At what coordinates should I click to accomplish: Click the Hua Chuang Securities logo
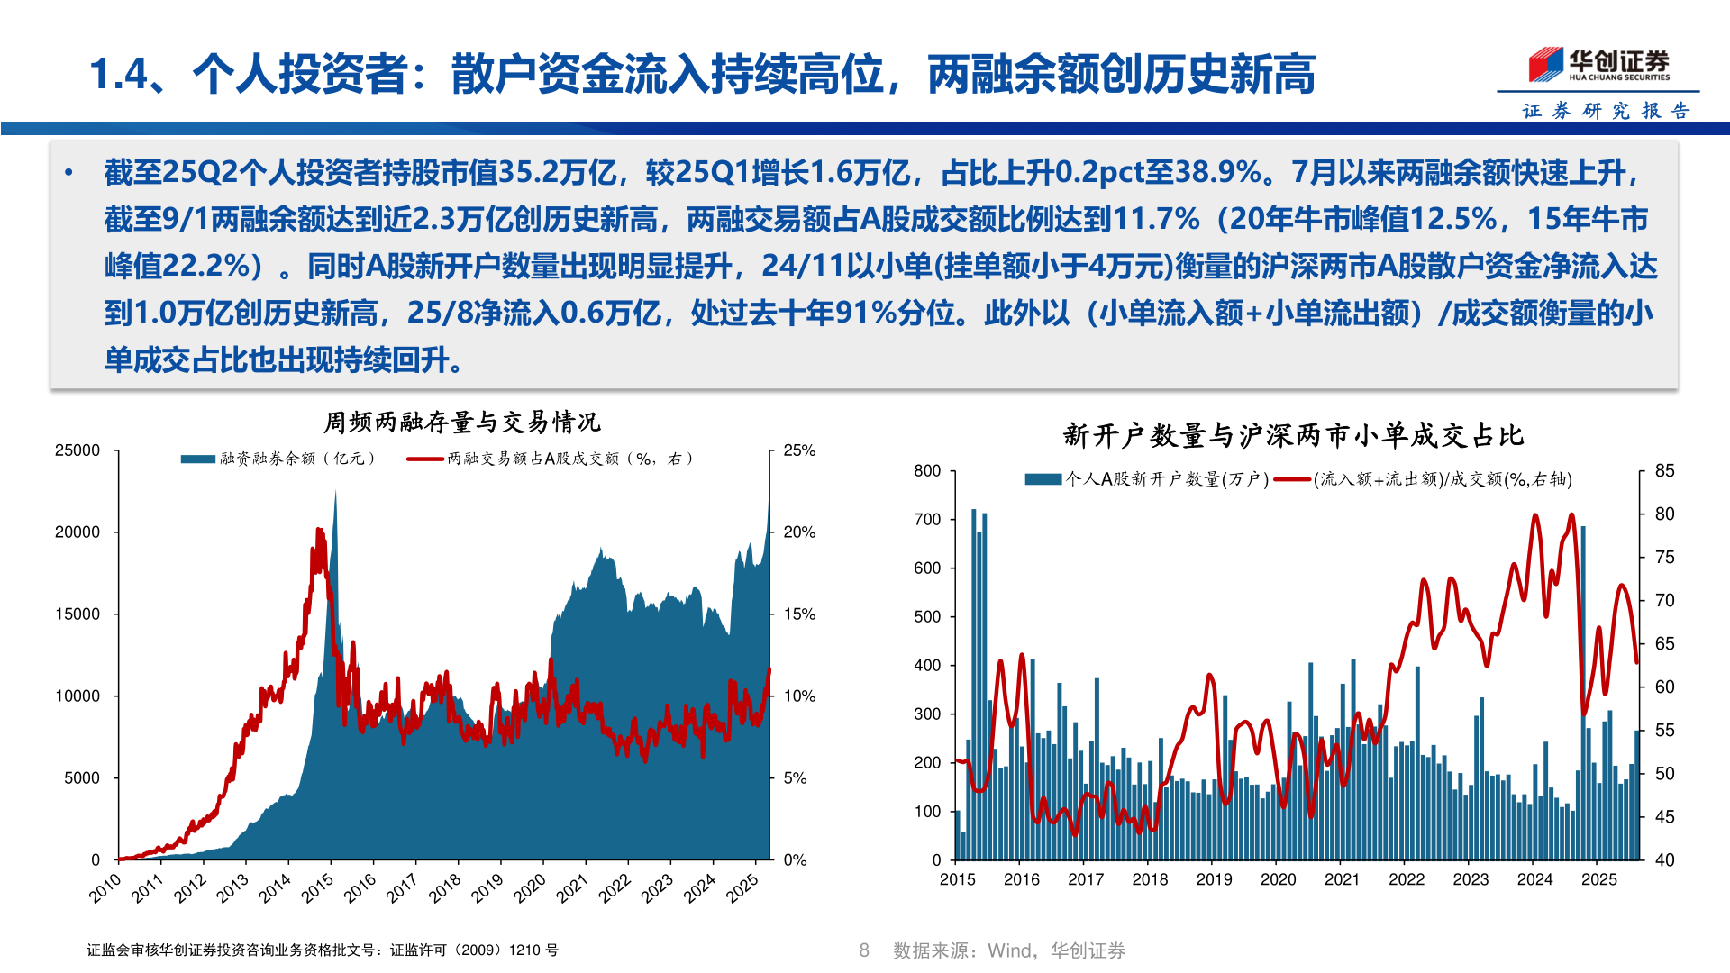tap(1598, 64)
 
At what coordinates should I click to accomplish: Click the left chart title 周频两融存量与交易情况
tap(461, 422)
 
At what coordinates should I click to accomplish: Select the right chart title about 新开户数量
tap(1293, 436)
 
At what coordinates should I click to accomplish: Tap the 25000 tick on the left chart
tap(77, 450)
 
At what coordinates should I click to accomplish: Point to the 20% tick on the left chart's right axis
tap(799, 532)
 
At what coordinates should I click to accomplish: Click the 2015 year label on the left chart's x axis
tap(317, 888)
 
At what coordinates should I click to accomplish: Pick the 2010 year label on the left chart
tap(105, 888)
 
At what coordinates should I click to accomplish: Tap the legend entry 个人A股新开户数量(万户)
tap(1146, 479)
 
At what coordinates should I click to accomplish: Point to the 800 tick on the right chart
tap(927, 471)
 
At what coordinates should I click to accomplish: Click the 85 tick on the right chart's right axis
tap(1664, 471)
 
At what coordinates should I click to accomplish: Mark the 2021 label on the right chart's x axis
tap(1342, 879)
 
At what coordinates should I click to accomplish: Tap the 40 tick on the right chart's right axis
tap(1664, 860)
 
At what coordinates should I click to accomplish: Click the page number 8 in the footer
tap(864, 950)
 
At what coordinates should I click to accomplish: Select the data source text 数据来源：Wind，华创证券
tap(1008, 950)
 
